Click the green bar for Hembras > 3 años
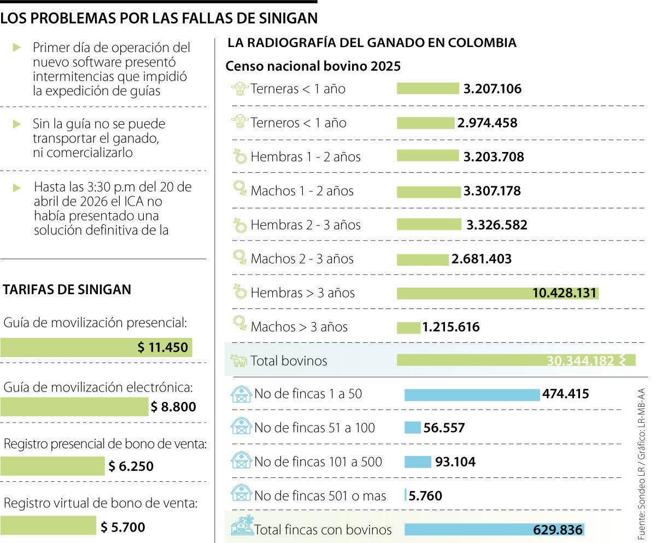[x=465, y=294]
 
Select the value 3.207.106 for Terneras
[x=492, y=89]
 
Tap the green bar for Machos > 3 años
[x=408, y=328]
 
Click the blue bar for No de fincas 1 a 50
[x=472, y=394]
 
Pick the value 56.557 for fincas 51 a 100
[x=444, y=428]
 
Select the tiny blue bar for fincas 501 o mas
[x=405, y=495]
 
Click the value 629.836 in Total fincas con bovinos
[x=558, y=530]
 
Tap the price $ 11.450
[x=162, y=348]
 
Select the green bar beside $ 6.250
[x=52, y=466]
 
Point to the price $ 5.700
[x=123, y=527]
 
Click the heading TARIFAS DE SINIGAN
[x=67, y=289]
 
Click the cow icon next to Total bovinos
[x=238, y=361]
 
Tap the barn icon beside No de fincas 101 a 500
[x=241, y=462]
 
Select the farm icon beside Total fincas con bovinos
[x=242, y=526]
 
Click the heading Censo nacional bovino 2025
[x=313, y=66]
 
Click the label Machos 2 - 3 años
[x=302, y=259]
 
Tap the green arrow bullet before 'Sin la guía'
[x=17, y=124]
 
